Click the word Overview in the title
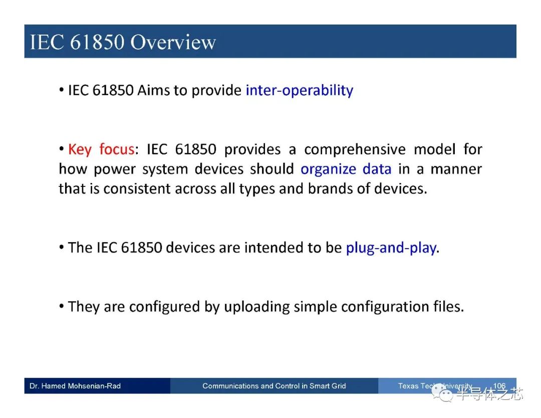pyautogui.click(x=173, y=42)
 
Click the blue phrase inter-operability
pyautogui.click(x=300, y=90)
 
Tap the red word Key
pyautogui.click(x=80, y=150)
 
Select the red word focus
pyautogui.click(x=117, y=149)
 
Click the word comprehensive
pyautogui.click(x=355, y=150)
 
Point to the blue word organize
pyautogui.click(x=328, y=169)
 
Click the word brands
pyautogui.click(x=330, y=188)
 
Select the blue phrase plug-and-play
pyautogui.click(x=391, y=248)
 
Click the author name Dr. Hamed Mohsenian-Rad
pyautogui.click(x=75, y=386)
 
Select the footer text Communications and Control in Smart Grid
pyautogui.click(x=274, y=386)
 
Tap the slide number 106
pyautogui.click(x=499, y=386)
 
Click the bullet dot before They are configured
pyautogui.click(x=62, y=307)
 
